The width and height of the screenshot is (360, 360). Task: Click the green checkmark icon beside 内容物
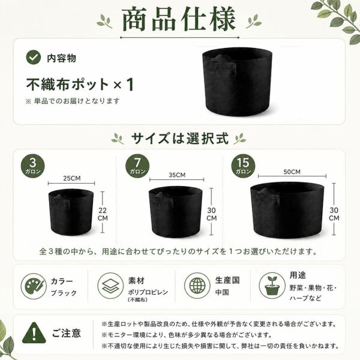coord(34,57)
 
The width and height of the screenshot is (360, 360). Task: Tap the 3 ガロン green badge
coord(33,166)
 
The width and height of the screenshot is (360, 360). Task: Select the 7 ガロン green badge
coord(137,166)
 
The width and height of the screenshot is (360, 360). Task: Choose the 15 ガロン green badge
coord(243,166)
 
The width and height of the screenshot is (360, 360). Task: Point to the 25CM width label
coord(72,178)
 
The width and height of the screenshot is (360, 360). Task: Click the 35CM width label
coord(177,175)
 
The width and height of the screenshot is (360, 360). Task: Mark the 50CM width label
coord(292,172)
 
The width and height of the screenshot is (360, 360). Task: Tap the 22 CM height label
coord(103,214)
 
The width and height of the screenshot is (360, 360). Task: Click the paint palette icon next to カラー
coord(34,286)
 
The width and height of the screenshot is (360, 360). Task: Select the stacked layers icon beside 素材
coord(110,286)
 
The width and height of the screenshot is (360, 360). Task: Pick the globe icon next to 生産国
coord(197,286)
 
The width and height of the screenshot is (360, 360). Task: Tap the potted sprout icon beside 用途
coord(272,286)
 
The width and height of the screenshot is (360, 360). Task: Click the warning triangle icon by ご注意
coord(34,333)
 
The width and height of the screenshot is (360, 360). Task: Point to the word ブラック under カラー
coord(64,293)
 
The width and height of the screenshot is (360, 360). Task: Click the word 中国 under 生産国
coord(222,292)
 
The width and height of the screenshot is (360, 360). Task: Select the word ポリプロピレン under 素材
coord(148,292)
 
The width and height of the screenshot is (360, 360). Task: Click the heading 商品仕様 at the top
coord(179,19)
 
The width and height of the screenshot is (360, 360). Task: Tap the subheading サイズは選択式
coord(180,139)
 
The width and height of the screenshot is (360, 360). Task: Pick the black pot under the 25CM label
coord(71,212)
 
